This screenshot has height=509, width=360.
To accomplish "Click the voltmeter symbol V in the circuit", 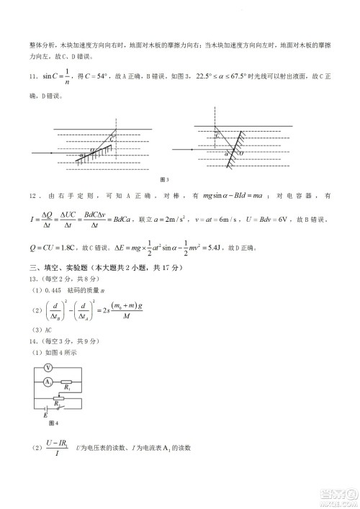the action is [x=48, y=367].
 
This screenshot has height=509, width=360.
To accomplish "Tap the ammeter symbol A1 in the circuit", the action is [x=48, y=382].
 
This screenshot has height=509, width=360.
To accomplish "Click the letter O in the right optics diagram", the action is [x=240, y=153].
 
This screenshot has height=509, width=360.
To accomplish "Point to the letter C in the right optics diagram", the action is [x=217, y=135].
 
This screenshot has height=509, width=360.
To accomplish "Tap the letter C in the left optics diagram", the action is [x=112, y=138].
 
